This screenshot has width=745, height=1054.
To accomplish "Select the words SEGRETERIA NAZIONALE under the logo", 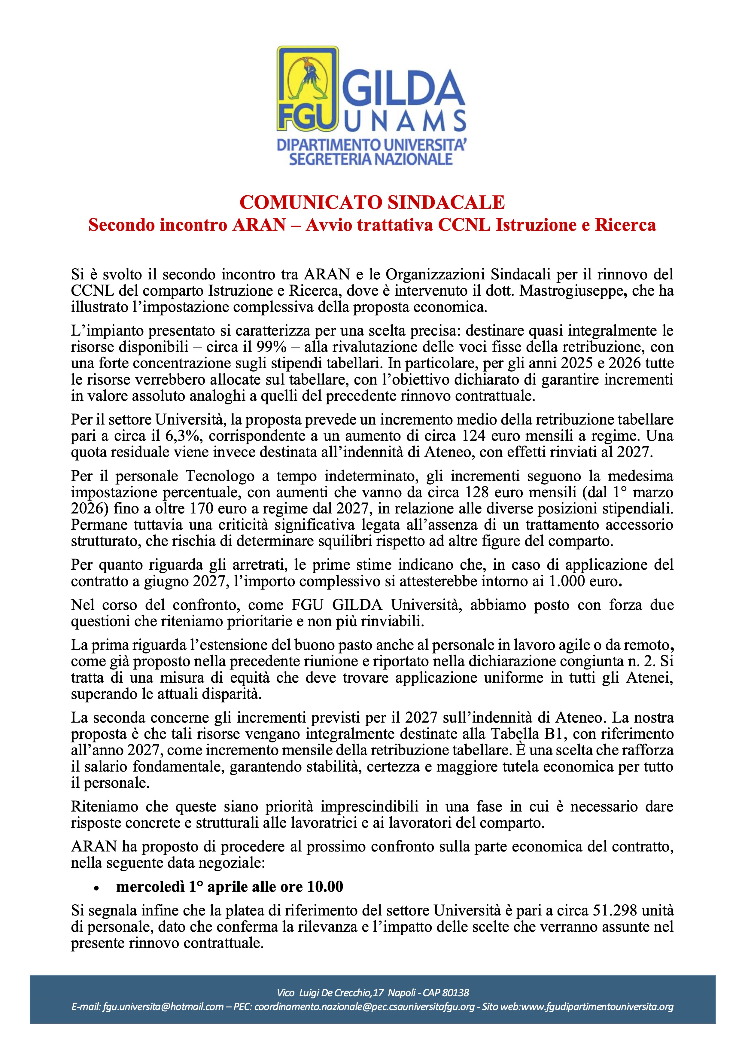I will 371,159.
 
